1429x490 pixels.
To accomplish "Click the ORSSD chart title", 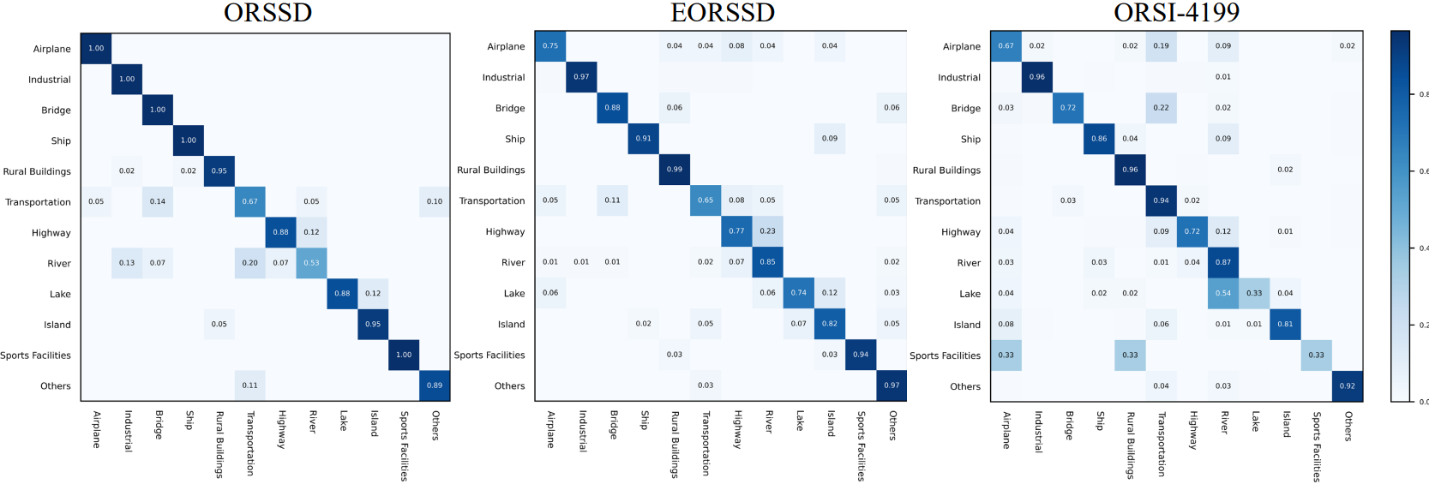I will tap(267, 13).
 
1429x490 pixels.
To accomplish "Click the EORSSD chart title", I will tap(723, 13).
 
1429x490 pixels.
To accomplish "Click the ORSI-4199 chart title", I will tap(1176, 13).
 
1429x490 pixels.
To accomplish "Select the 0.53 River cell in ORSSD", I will tap(311, 263).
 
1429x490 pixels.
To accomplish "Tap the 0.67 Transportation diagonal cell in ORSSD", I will tap(249, 201).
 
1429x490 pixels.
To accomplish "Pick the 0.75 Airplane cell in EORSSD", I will tap(550, 46).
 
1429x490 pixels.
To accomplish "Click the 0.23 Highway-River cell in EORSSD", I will tap(767, 231).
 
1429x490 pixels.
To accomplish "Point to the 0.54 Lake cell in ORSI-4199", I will tap(1222, 293).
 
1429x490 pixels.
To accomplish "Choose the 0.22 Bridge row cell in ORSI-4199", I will tap(1161, 108).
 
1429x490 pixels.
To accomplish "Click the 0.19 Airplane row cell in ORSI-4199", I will tap(1161, 46).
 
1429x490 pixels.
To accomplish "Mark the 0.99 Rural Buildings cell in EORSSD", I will tap(675, 170).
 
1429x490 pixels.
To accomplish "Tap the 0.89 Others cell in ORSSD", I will tap(435, 385).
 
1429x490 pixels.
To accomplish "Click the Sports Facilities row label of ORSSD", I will tap(36, 356).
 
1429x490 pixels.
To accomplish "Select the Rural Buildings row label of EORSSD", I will tap(490, 170).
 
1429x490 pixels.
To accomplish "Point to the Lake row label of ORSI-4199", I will tap(970, 294).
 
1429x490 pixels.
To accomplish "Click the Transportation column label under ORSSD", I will tap(250, 443).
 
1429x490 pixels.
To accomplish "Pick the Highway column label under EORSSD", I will tap(737, 429).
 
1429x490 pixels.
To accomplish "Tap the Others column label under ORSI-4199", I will tap(1348, 426).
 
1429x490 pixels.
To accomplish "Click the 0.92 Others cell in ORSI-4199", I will tap(1347, 385).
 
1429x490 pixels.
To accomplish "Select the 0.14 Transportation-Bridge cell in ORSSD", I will tap(158, 201).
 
